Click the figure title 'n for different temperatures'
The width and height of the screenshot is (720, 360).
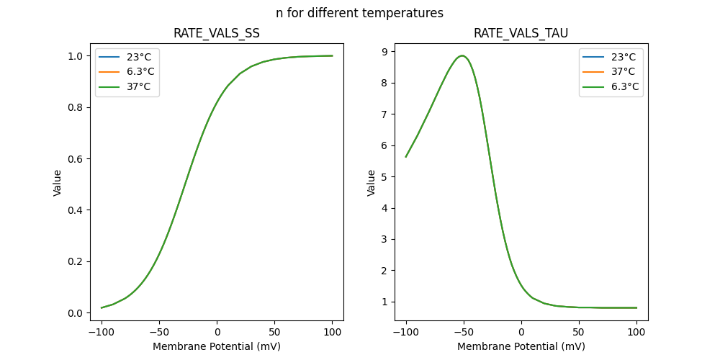pos(359,13)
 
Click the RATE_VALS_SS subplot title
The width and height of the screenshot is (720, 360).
pos(217,33)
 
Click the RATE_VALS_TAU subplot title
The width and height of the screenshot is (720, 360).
pos(521,33)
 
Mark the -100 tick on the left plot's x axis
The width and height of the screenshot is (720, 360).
pos(102,331)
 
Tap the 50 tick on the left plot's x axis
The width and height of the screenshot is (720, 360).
pos(274,331)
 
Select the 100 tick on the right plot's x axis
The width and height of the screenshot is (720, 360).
pos(636,331)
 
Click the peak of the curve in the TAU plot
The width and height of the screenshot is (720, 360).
pos(463,55)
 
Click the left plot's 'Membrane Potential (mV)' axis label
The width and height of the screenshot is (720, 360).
pos(217,346)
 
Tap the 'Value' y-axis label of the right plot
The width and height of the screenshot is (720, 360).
pos(372,183)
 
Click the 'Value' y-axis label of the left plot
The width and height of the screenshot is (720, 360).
pos(58,183)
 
